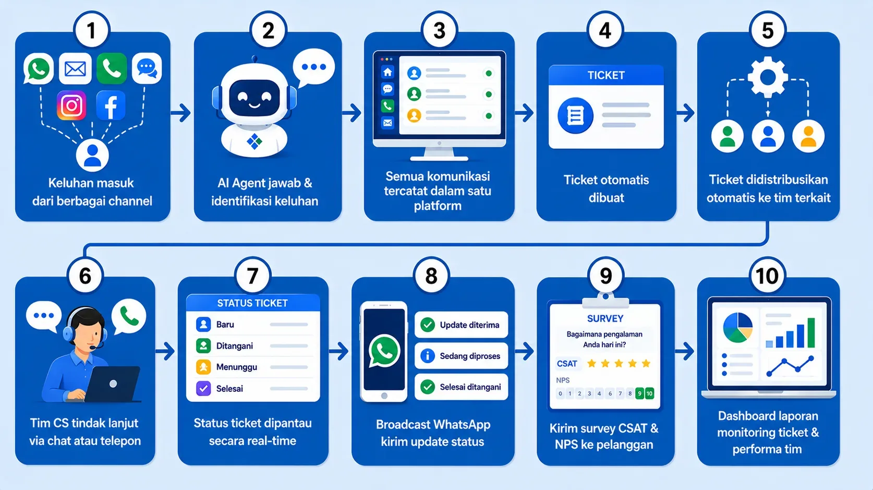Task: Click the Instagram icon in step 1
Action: (71, 105)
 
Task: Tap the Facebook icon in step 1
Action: (111, 105)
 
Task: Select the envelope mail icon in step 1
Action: (75, 69)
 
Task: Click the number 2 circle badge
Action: (268, 30)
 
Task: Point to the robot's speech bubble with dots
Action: (313, 68)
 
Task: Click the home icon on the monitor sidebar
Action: (387, 72)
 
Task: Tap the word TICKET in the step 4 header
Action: (606, 75)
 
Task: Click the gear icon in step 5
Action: (768, 77)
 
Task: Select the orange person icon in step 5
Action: (808, 136)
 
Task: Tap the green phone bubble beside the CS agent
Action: (129, 317)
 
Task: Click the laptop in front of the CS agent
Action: (112, 384)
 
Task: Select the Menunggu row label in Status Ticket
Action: (237, 367)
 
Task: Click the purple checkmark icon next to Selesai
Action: (203, 389)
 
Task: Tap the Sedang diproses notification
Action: (461, 356)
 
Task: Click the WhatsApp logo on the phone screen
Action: (384, 351)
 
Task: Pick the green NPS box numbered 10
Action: (649, 393)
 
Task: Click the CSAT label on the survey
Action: (567, 364)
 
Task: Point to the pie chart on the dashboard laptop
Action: (737, 328)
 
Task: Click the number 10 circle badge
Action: (767, 276)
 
